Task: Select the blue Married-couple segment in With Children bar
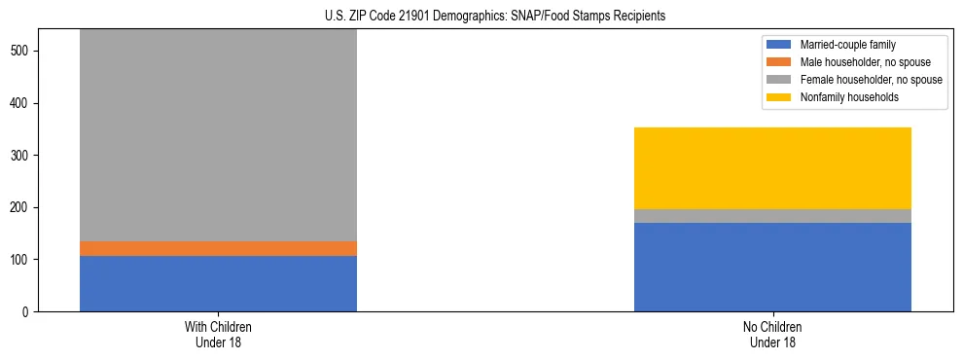218,283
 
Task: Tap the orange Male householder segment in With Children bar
218,248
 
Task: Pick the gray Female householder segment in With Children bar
218,136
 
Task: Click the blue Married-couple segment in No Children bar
772,267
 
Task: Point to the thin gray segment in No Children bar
772,216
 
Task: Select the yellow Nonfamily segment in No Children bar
772,168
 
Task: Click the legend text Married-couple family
847,45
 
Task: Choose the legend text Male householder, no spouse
865,62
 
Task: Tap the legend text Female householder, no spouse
871,80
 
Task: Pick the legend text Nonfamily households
848,97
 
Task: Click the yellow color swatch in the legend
779,97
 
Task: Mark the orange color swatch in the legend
779,62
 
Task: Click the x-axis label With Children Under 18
218,334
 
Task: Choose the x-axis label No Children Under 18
772,334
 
